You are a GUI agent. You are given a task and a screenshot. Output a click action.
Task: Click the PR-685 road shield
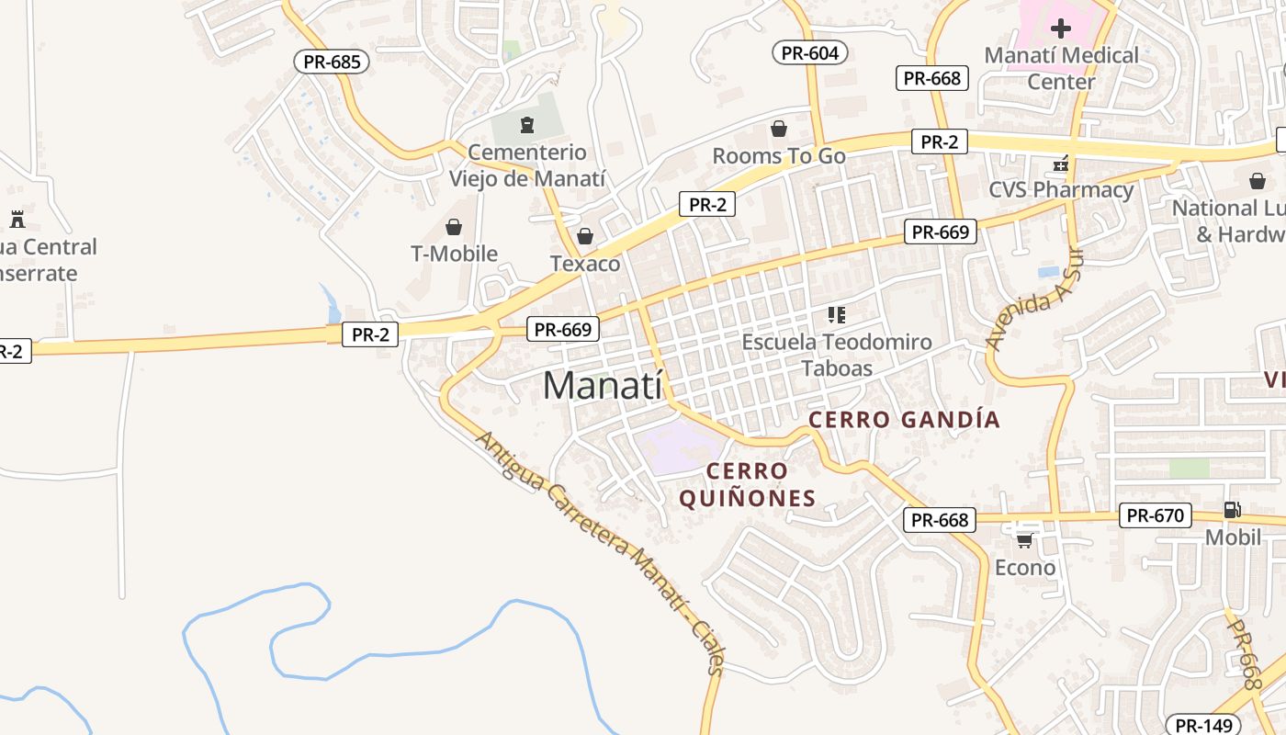click(332, 62)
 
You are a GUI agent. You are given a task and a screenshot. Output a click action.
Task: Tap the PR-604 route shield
click(809, 52)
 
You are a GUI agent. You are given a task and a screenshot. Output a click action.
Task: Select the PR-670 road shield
click(1155, 515)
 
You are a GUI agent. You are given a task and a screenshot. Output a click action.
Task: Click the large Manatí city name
click(602, 385)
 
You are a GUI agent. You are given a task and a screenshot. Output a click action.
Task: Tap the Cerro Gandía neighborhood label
click(904, 420)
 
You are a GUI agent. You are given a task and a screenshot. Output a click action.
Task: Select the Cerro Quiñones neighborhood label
click(747, 485)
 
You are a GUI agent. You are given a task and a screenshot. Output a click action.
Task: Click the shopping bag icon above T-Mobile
click(454, 227)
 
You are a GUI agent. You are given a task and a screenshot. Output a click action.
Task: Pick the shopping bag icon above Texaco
click(585, 237)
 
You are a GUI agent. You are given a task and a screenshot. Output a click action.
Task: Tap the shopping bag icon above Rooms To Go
click(779, 129)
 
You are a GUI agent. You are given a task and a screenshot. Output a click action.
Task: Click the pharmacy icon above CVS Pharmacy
click(1061, 164)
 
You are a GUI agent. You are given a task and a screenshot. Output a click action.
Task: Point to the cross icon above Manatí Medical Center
click(1061, 28)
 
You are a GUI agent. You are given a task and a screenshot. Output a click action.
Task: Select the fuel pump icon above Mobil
click(1232, 510)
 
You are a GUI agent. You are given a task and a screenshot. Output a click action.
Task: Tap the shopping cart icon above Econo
click(1024, 540)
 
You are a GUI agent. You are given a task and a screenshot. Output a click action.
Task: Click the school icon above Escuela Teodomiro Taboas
click(836, 315)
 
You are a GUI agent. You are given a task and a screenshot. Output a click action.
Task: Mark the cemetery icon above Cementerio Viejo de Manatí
click(526, 124)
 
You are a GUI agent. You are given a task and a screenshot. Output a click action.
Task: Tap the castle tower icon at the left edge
click(17, 220)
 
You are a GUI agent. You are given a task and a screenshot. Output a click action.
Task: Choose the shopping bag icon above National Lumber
click(1257, 181)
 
